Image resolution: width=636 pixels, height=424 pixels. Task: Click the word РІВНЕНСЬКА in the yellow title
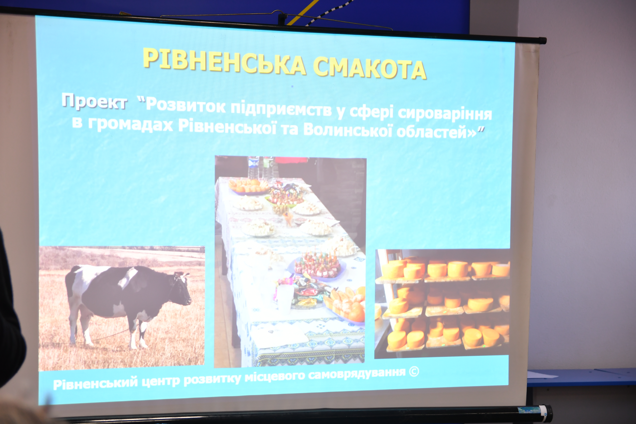224,62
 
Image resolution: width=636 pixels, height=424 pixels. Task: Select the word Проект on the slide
94,101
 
